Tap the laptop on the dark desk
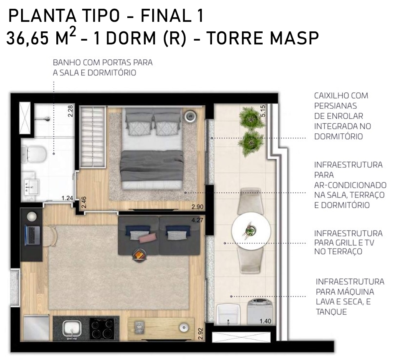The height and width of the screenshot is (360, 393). point(32,235)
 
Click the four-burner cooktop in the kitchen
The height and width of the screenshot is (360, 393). point(102,329)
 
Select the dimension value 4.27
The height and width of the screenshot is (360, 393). point(197,220)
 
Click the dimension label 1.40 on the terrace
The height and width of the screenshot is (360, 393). point(265,321)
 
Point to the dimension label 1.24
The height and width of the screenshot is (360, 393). point(67,198)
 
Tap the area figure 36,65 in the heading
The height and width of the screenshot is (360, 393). point(27,39)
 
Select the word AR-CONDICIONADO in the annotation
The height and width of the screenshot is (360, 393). point(350,185)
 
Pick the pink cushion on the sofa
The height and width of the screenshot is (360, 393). point(148,238)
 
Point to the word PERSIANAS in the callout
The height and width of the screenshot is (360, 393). point(335,106)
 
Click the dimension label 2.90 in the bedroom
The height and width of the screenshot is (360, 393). point(197,207)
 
